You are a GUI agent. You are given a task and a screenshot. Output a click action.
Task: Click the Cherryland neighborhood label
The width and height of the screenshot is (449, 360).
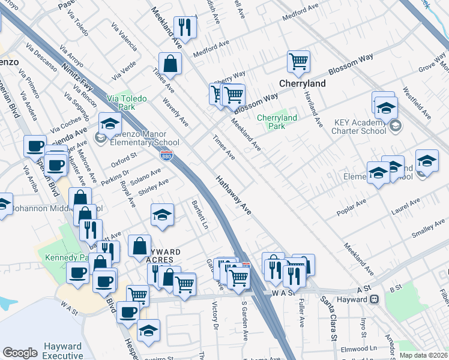click(305, 84)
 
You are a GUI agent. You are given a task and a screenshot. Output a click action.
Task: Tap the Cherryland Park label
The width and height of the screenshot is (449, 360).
click(277, 122)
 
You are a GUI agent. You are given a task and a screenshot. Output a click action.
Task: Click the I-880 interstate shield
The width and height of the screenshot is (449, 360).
click(168, 155)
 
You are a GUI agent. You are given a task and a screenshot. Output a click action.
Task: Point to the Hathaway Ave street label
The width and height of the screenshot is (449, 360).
click(234, 196)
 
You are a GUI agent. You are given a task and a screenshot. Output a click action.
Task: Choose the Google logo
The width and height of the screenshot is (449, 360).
click(20, 353)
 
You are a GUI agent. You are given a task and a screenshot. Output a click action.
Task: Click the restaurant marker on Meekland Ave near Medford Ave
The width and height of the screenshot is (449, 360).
click(186, 26)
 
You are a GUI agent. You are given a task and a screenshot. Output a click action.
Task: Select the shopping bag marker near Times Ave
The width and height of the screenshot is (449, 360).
click(170, 63)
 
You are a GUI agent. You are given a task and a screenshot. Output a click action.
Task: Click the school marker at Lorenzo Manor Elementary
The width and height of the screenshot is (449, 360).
click(110, 124)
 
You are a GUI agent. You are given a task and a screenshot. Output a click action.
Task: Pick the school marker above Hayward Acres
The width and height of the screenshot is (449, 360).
click(162, 215)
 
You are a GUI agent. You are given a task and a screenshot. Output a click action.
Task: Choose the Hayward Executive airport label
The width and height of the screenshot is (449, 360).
click(62, 351)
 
